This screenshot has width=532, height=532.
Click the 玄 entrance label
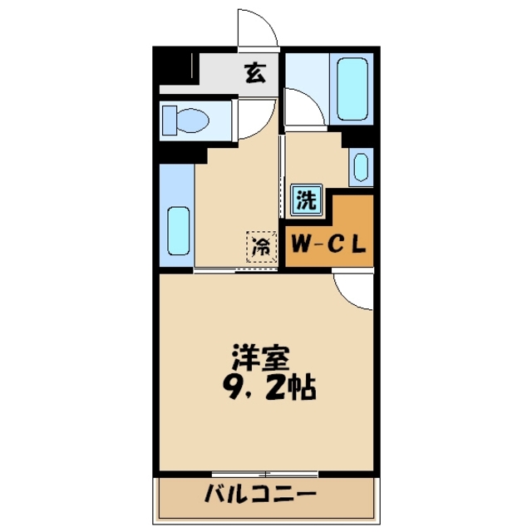255,73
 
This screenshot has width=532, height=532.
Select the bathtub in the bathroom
352,86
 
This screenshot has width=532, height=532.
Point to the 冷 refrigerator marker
260,246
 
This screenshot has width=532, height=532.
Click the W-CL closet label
328,246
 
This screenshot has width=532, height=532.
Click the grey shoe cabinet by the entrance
179,71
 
